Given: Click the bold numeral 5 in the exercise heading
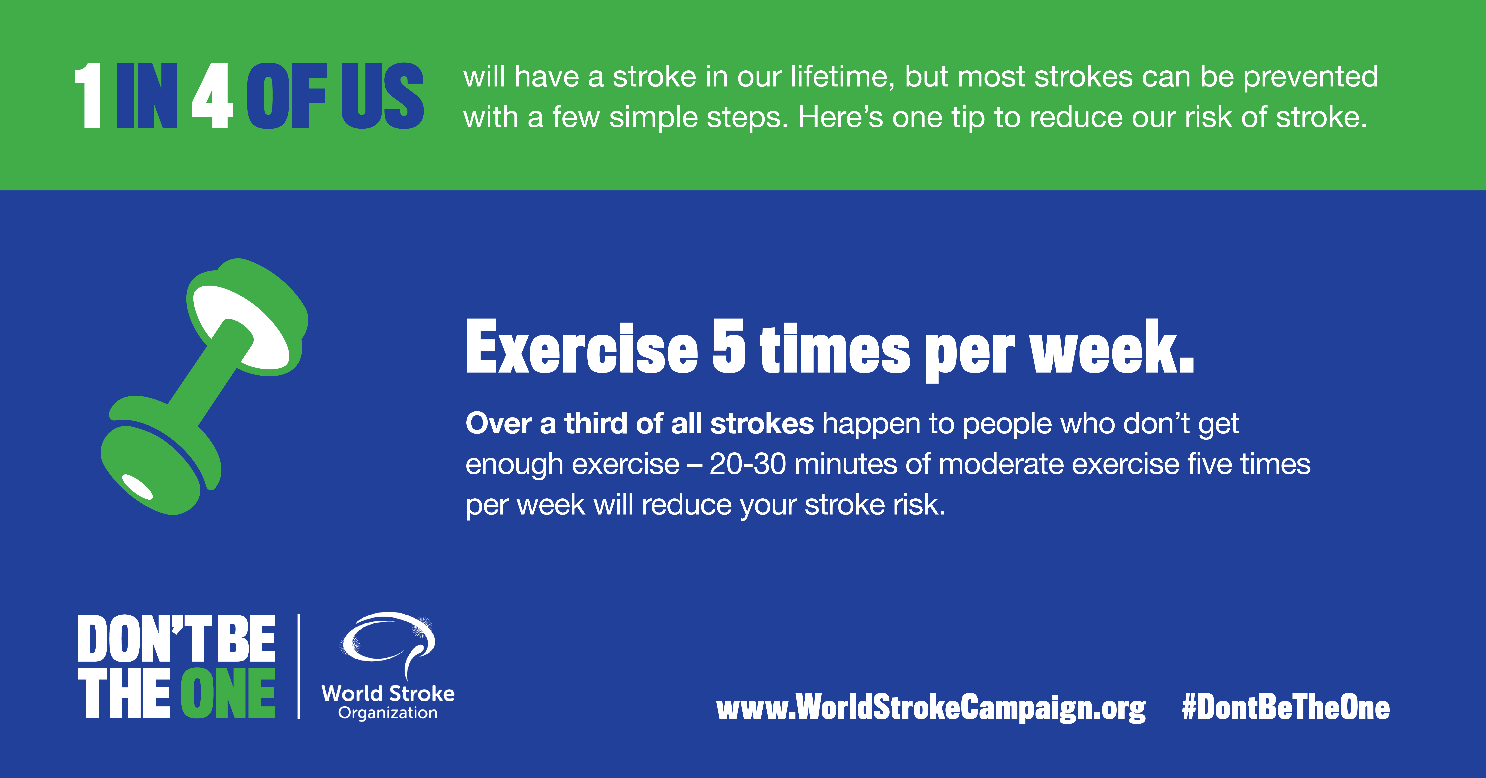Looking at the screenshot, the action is click(729, 346).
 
